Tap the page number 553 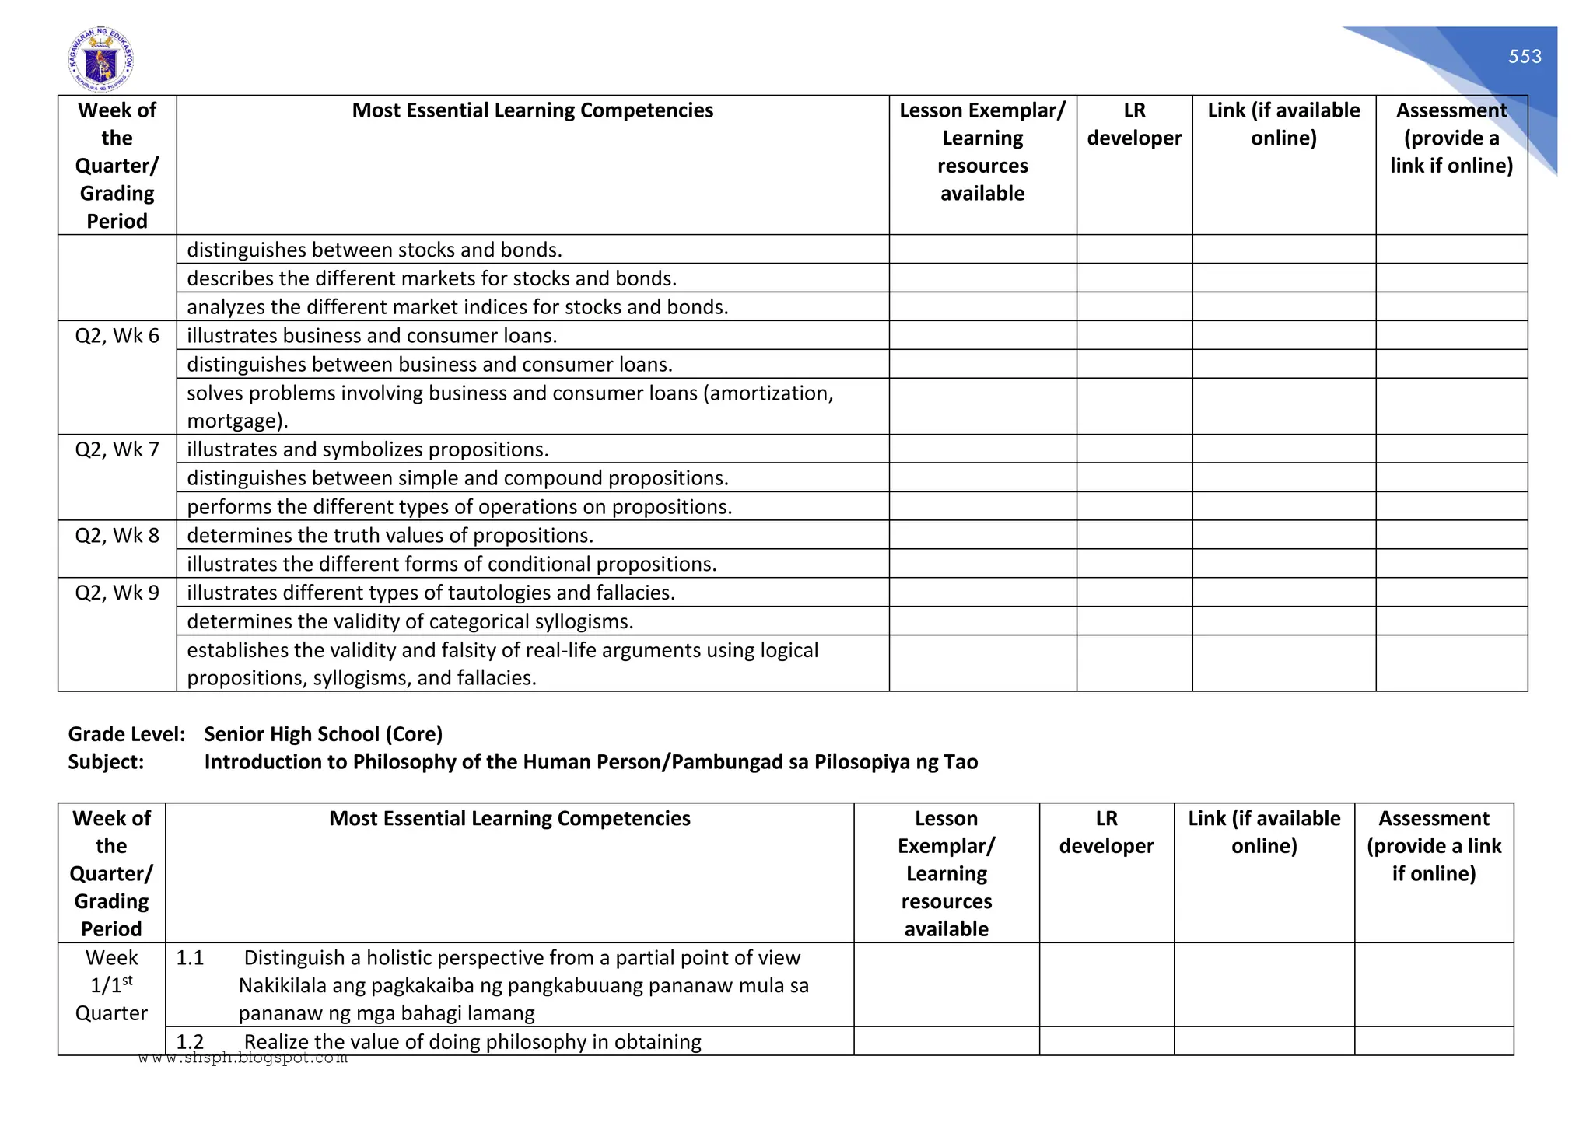1525,57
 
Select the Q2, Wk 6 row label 117,336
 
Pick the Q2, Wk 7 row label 117,449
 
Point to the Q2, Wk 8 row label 117,536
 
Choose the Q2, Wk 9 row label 117,593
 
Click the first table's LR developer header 1134,124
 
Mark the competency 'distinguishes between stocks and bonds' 374,250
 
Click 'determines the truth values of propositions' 390,536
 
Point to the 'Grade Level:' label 127,734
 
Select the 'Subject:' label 106,762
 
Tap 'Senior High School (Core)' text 323,734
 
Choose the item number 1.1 190,958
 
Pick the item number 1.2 190,1042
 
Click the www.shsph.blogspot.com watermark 243,1058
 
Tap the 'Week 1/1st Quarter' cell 111,985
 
